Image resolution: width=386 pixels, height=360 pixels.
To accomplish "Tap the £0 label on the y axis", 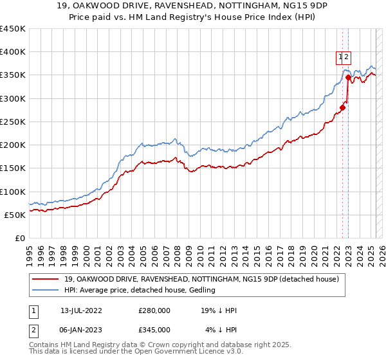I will click(x=19, y=239).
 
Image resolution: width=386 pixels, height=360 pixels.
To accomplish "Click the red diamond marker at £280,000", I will click(x=342, y=108).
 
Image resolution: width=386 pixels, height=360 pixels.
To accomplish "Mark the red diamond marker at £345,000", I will click(x=348, y=78).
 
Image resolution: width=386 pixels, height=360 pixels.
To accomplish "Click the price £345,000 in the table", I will click(x=154, y=330).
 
